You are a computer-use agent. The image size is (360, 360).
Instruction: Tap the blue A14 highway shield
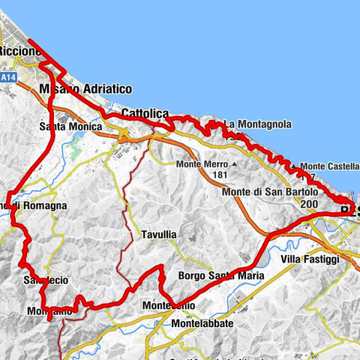coord(8,77)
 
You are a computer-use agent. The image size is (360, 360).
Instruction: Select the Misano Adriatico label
coord(87,89)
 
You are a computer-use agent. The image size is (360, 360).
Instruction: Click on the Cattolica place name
coord(145,113)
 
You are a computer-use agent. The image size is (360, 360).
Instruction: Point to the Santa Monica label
coord(70,127)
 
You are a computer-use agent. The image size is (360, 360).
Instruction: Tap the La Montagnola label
coord(258,124)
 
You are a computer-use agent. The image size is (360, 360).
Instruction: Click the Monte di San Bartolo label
coord(270,192)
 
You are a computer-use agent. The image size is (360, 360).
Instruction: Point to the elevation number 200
coord(308,203)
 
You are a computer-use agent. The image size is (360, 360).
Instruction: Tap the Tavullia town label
coord(159,235)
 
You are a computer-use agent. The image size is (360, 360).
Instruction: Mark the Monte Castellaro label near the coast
coord(331,166)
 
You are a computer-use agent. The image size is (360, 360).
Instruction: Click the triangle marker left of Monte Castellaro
coord(294,166)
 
